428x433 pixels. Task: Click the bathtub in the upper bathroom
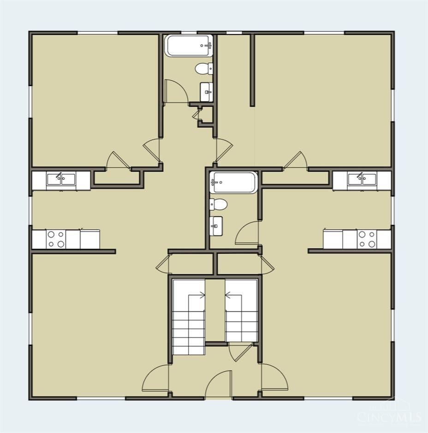click(189, 46)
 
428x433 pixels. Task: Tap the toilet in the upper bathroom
click(204, 69)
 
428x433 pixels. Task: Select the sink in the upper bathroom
click(207, 92)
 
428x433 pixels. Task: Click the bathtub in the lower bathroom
click(234, 183)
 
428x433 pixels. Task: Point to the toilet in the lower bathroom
click(218, 204)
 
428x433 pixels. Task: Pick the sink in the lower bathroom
click(216, 226)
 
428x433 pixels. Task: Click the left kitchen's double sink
click(61, 179)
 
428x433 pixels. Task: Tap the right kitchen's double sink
click(362, 179)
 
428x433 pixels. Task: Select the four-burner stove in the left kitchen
click(56, 239)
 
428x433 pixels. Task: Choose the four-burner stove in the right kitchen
click(367, 239)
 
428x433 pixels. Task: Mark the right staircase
click(242, 311)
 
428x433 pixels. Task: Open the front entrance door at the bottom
click(219, 385)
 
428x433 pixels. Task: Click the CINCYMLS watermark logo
click(389, 416)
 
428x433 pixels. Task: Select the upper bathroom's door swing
click(176, 91)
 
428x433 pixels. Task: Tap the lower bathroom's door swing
click(247, 233)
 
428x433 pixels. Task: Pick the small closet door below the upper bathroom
click(197, 114)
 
